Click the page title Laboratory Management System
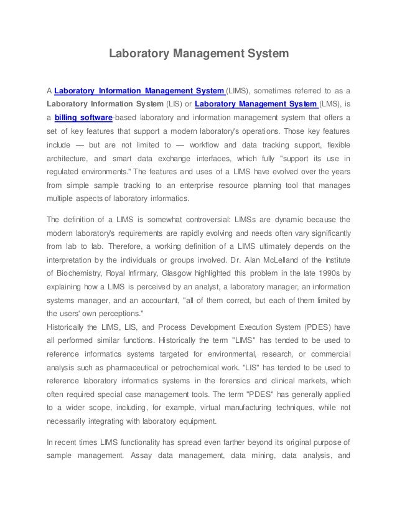(x=199, y=54)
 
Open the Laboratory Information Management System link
(x=139, y=90)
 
